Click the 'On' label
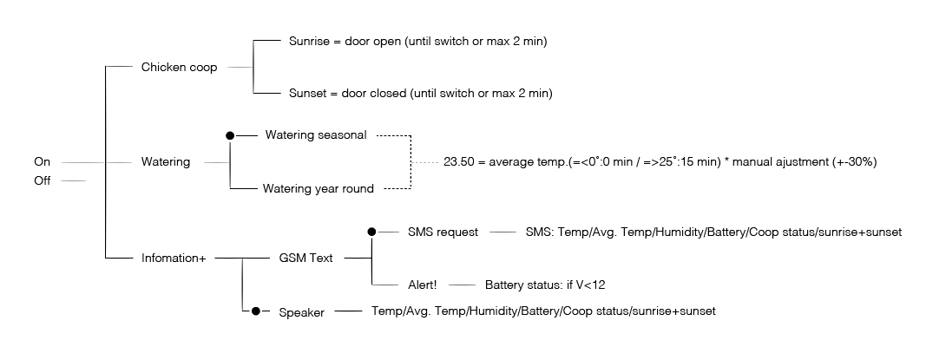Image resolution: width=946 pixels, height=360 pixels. (x=42, y=162)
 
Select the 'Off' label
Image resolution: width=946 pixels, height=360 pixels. (x=42, y=180)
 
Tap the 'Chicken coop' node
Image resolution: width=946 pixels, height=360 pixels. (x=179, y=67)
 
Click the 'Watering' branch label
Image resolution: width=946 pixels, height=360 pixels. (x=165, y=162)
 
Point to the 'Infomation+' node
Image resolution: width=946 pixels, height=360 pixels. (x=173, y=258)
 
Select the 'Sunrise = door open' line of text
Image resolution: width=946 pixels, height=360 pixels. (x=417, y=41)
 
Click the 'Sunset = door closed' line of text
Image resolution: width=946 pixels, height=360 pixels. (x=420, y=93)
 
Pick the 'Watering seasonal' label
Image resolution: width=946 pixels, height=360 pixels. (x=316, y=135)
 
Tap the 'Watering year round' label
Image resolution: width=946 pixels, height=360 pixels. (x=319, y=188)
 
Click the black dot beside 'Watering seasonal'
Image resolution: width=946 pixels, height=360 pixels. (x=230, y=135)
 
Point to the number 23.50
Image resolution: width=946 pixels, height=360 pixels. (x=458, y=162)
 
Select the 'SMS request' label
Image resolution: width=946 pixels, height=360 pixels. (x=443, y=232)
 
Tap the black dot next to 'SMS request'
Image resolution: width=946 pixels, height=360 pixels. (x=372, y=232)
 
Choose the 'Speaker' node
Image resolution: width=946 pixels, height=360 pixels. (x=301, y=312)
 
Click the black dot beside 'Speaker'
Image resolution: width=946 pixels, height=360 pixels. (x=255, y=311)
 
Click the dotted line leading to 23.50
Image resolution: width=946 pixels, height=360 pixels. (x=425, y=162)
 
